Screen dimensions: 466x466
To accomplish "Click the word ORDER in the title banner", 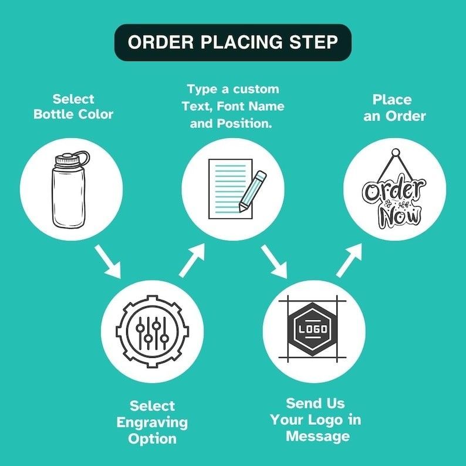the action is coord(161,42).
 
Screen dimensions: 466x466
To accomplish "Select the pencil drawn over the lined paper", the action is coord(253,191).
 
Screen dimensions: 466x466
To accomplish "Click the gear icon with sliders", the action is coord(152,332).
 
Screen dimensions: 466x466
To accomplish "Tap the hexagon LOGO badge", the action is coord(312,329).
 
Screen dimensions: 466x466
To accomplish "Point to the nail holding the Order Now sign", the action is coord(395,153).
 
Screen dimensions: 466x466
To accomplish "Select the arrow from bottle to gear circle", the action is coord(108,262).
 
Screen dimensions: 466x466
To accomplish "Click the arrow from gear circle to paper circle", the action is coord(192,261).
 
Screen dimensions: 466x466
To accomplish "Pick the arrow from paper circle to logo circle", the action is coord(274,262).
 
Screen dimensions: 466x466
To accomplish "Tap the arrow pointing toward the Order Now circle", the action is coord(349,261).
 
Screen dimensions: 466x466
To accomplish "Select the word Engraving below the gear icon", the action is coord(152,423).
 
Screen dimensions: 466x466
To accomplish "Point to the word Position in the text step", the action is coord(244,124).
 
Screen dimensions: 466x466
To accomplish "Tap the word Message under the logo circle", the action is coord(318,436).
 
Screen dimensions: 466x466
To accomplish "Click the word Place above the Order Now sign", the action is coord(392,100).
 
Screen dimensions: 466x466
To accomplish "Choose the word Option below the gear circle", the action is coord(152,439).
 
